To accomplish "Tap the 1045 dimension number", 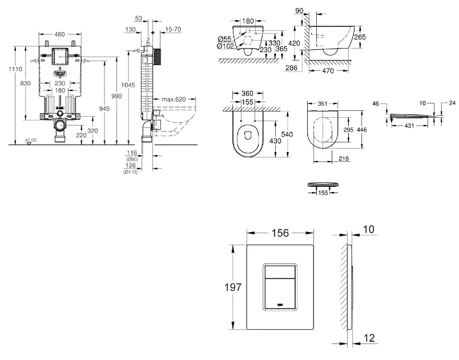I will pos(131,85).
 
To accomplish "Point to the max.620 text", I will pos(174,99).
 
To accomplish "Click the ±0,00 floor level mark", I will pos(30,140).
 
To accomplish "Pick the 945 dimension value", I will pos(104,107).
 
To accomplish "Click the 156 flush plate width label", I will pos(280,234).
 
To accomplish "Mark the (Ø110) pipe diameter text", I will pos(131,172).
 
